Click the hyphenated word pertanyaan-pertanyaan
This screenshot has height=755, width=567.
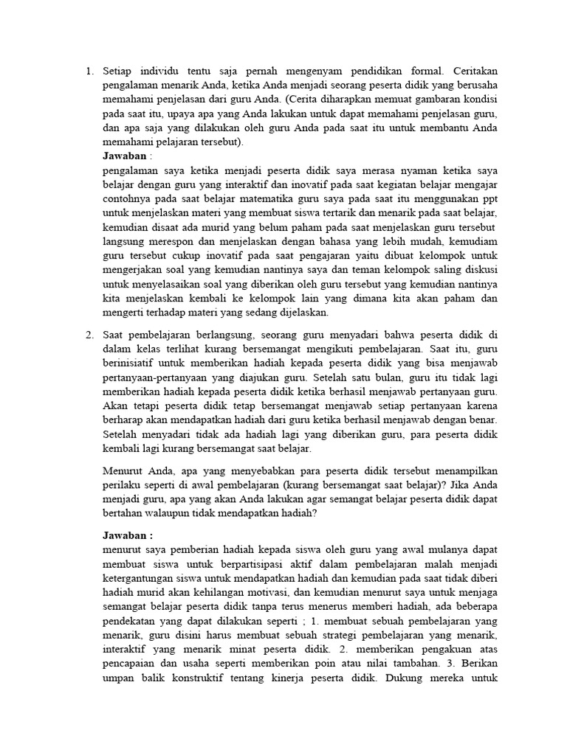(x=157, y=377)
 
